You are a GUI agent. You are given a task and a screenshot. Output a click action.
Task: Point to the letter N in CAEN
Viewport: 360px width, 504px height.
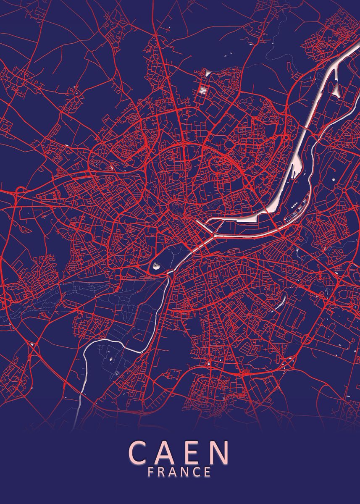click(220, 452)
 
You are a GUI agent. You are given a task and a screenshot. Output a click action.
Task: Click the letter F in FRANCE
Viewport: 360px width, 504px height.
click(151, 472)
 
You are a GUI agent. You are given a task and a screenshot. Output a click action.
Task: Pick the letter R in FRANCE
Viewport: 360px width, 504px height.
click(162, 472)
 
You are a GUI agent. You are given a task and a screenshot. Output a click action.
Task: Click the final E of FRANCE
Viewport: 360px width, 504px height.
click(207, 472)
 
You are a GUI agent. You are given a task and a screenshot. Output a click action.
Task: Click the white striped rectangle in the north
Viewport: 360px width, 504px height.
click(203, 90)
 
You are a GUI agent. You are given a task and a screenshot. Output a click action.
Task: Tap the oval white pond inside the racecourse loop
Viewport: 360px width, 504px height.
click(156, 265)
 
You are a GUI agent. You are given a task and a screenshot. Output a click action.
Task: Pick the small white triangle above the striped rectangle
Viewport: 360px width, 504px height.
click(208, 73)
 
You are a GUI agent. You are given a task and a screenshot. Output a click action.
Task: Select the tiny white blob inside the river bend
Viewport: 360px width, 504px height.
click(111, 360)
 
